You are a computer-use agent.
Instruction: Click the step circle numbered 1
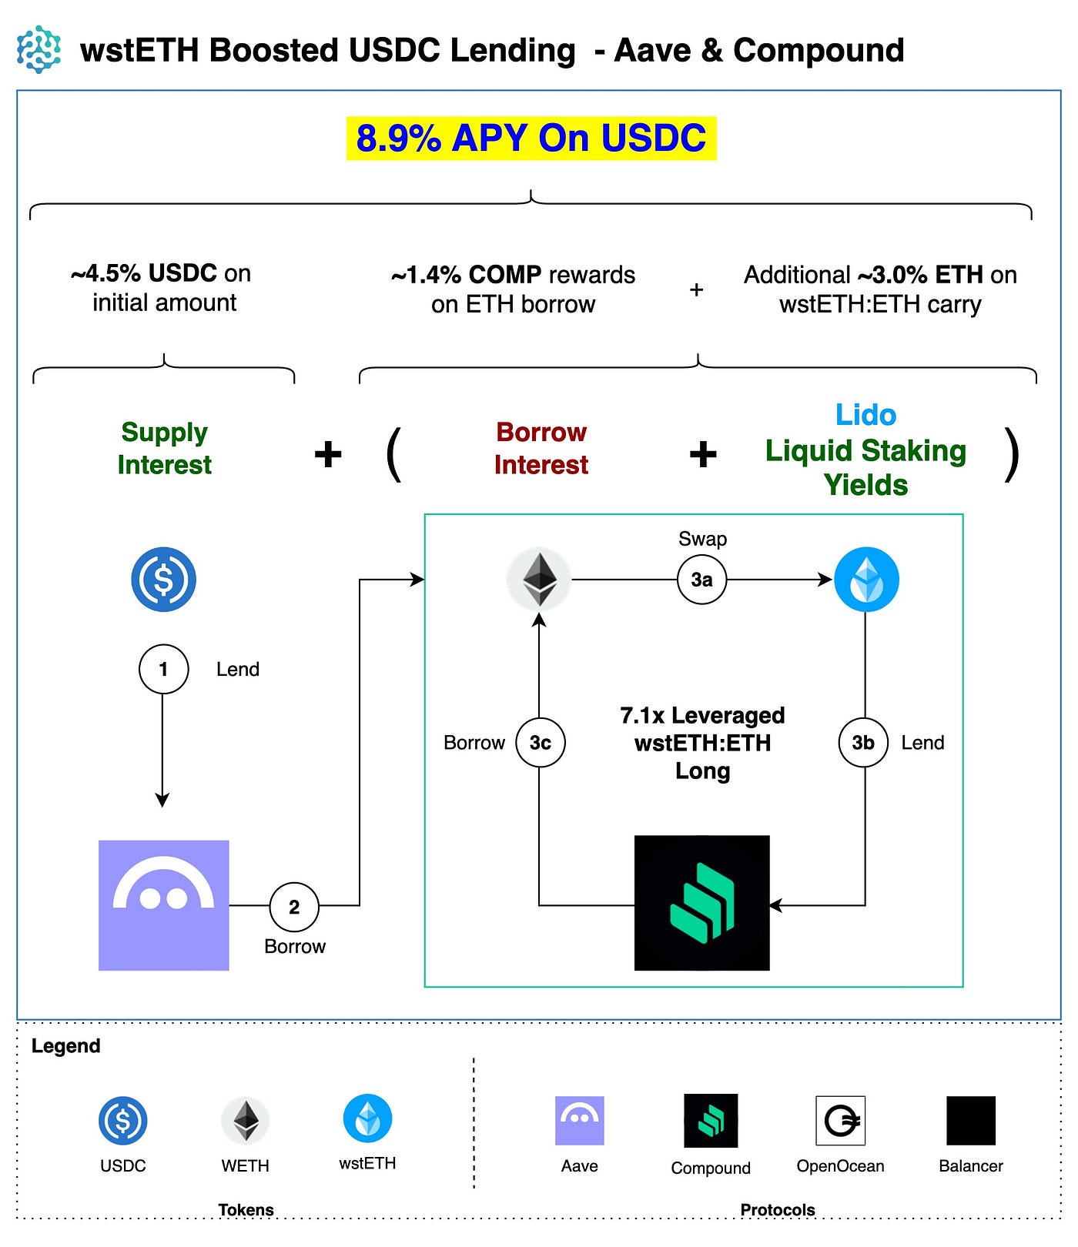click(163, 669)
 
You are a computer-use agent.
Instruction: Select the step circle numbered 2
click(294, 907)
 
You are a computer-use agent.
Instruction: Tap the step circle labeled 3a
click(701, 580)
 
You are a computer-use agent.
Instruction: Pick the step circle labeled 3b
click(863, 743)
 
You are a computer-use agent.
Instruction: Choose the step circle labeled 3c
click(540, 743)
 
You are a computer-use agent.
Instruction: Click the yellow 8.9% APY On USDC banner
click(531, 139)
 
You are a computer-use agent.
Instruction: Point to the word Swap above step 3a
click(702, 539)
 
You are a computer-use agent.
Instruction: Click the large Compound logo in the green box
click(701, 902)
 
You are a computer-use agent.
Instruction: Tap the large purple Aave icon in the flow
click(164, 905)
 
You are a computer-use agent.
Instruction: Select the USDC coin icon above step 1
click(163, 580)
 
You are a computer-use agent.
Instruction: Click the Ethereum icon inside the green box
click(539, 580)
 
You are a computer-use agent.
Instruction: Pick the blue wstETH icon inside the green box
click(867, 580)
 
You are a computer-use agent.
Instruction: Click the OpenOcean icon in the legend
click(841, 1121)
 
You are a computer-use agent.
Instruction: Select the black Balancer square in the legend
click(971, 1121)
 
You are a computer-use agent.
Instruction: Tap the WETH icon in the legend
click(246, 1120)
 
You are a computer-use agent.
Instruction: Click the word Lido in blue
click(866, 415)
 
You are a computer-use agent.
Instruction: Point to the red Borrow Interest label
click(541, 449)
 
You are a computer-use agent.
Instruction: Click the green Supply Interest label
click(164, 449)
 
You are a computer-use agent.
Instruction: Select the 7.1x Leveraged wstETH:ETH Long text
click(702, 743)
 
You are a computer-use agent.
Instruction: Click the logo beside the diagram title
click(39, 50)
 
